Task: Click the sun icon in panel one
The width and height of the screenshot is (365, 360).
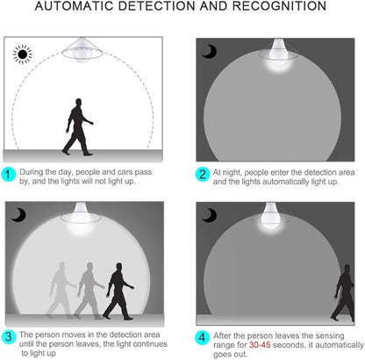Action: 23,54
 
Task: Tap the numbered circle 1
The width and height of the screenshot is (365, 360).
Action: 8,175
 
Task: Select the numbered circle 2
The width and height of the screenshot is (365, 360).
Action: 203,175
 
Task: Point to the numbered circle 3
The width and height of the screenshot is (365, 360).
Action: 9,336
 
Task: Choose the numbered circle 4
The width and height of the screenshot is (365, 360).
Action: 203,337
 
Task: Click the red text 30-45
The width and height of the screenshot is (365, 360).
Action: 260,345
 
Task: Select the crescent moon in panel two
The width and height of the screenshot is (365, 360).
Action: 210,52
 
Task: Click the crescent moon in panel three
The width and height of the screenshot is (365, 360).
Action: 18,215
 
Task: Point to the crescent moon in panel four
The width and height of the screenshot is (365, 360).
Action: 210,215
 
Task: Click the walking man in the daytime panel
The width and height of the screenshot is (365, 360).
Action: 78,126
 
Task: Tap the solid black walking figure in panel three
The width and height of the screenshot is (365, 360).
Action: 118,292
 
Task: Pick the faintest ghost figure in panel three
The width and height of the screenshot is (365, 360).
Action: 61,291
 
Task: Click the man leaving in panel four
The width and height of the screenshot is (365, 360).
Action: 343,292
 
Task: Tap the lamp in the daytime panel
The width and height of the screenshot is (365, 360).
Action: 82,50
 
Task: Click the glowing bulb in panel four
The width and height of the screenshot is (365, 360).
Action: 270,218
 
